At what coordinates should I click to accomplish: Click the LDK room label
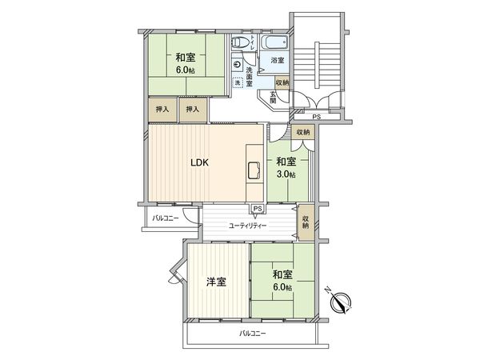[x=199, y=162]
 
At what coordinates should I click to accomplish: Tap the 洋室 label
[x=215, y=282]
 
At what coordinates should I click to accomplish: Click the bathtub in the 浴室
[x=277, y=42]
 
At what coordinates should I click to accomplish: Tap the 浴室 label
[x=277, y=61]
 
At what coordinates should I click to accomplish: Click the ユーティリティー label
[x=247, y=226]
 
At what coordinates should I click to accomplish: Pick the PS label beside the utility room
[x=256, y=210]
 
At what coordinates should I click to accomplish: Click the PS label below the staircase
[x=317, y=118]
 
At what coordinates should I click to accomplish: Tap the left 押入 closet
[x=162, y=109]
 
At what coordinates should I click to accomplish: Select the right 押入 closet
[x=193, y=109]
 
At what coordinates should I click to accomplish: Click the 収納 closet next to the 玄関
[x=282, y=82]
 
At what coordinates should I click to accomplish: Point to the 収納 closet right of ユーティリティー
[x=306, y=218]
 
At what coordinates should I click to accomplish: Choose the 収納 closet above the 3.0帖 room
[x=302, y=133]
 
